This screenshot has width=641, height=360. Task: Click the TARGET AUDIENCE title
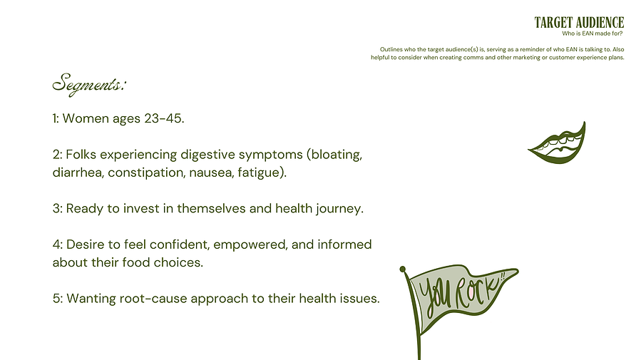[579, 23]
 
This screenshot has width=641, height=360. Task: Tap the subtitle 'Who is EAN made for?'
[593, 34]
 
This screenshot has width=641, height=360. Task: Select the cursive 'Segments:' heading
[89, 85]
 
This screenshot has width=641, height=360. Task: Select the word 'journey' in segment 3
[339, 209]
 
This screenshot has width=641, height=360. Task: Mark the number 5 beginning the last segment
[56, 298]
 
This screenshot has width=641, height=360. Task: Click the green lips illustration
[558, 143]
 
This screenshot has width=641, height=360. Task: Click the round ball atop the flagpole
[403, 269]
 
